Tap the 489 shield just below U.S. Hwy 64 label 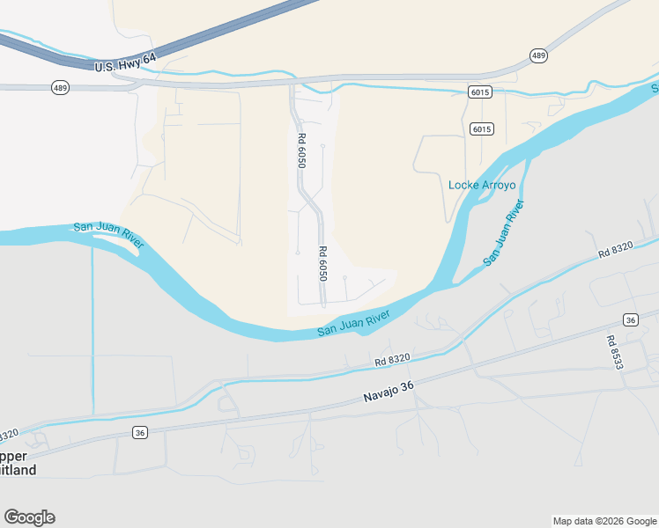pos(60,88)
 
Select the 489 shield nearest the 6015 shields pos(538,55)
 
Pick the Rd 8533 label pos(614,351)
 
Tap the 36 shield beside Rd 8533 pos(630,319)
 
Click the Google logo pos(29,517)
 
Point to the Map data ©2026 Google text pos(603,521)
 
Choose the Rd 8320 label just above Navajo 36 pos(392,359)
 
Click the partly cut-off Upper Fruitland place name pos(19,463)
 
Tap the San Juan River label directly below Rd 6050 pos(353,325)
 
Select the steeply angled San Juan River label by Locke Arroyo pos(504,234)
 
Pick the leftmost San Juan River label pos(109,238)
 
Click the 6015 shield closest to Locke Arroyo pos(481,129)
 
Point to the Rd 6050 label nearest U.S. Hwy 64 pos(301,150)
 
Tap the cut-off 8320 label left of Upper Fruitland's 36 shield pos(8,436)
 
